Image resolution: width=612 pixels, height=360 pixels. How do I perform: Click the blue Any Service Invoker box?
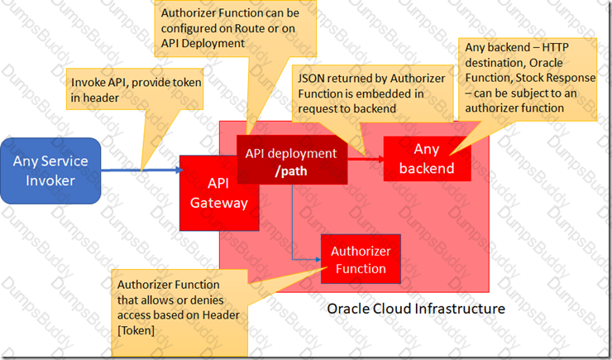(50, 170)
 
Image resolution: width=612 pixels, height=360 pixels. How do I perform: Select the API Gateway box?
(219, 193)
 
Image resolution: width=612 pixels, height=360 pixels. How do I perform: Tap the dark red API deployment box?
(292, 160)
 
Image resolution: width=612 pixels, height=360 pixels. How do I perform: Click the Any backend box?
(427, 159)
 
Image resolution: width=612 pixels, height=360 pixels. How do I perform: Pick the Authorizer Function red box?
(361, 259)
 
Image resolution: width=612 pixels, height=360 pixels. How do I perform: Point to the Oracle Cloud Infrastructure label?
(416, 309)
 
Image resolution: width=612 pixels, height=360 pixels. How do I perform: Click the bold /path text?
(291, 171)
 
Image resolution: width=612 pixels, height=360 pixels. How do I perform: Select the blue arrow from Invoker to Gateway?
(142, 170)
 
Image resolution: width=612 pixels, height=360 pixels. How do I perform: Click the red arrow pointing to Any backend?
(366, 159)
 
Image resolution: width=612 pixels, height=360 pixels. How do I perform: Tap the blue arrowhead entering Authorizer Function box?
(318, 259)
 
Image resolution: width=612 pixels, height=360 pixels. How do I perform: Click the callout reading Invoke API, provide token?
(135, 89)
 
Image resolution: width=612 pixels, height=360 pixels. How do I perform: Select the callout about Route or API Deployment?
(236, 28)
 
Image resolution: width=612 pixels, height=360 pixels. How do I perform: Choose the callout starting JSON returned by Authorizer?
(372, 94)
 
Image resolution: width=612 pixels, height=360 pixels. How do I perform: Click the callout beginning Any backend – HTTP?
(528, 79)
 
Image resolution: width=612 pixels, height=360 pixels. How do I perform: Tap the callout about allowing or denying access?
(179, 312)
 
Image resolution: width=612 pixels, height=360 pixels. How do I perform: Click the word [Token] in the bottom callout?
(136, 330)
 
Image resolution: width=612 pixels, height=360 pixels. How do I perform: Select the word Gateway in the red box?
(219, 203)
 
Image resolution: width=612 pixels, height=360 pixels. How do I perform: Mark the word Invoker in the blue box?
(50, 180)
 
